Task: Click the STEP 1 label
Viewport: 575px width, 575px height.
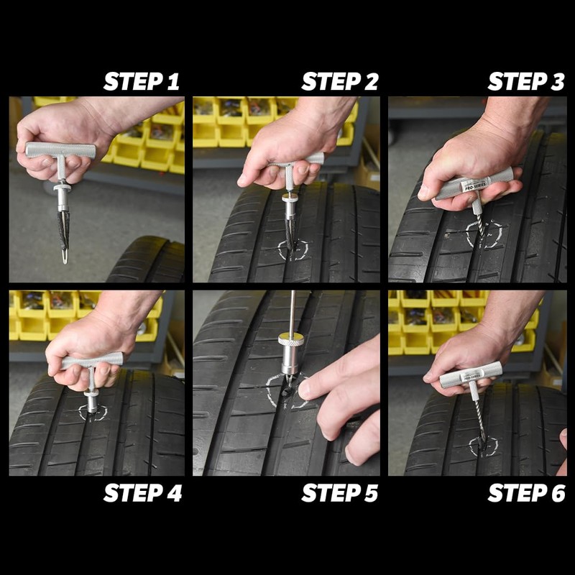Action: pyautogui.click(x=142, y=81)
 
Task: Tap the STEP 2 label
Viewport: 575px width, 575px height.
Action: pyautogui.click(x=339, y=81)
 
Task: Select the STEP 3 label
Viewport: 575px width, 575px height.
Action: pyautogui.click(x=526, y=81)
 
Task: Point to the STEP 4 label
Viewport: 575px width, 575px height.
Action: pyautogui.click(x=142, y=493)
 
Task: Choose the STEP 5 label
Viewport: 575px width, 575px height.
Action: pyautogui.click(x=339, y=493)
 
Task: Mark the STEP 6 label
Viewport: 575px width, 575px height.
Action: pyautogui.click(x=526, y=493)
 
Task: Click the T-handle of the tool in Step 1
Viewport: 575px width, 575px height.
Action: pyautogui.click(x=60, y=151)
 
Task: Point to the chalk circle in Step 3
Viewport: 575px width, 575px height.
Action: pyautogui.click(x=483, y=236)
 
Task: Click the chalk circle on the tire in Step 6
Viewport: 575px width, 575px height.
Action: pyautogui.click(x=483, y=446)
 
